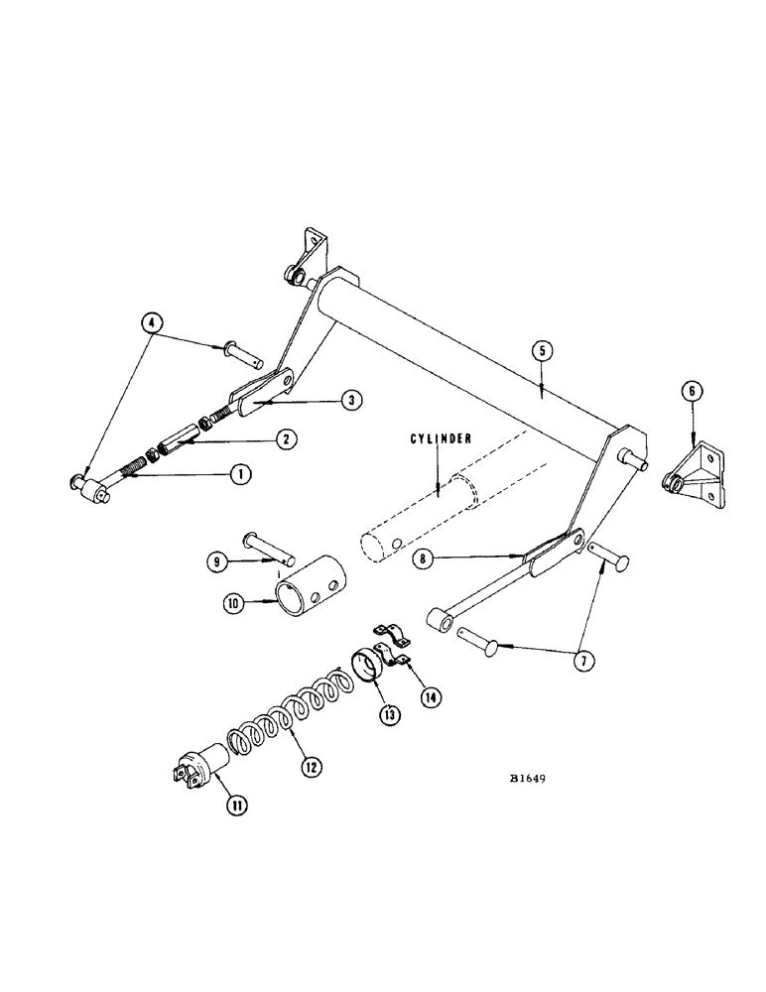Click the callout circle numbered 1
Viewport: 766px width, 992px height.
(x=238, y=474)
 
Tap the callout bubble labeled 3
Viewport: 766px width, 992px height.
(x=349, y=400)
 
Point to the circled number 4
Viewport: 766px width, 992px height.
(x=152, y=322)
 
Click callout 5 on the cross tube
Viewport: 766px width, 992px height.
(x=540, y=349)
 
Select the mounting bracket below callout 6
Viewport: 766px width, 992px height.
(x=699, y=478)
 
